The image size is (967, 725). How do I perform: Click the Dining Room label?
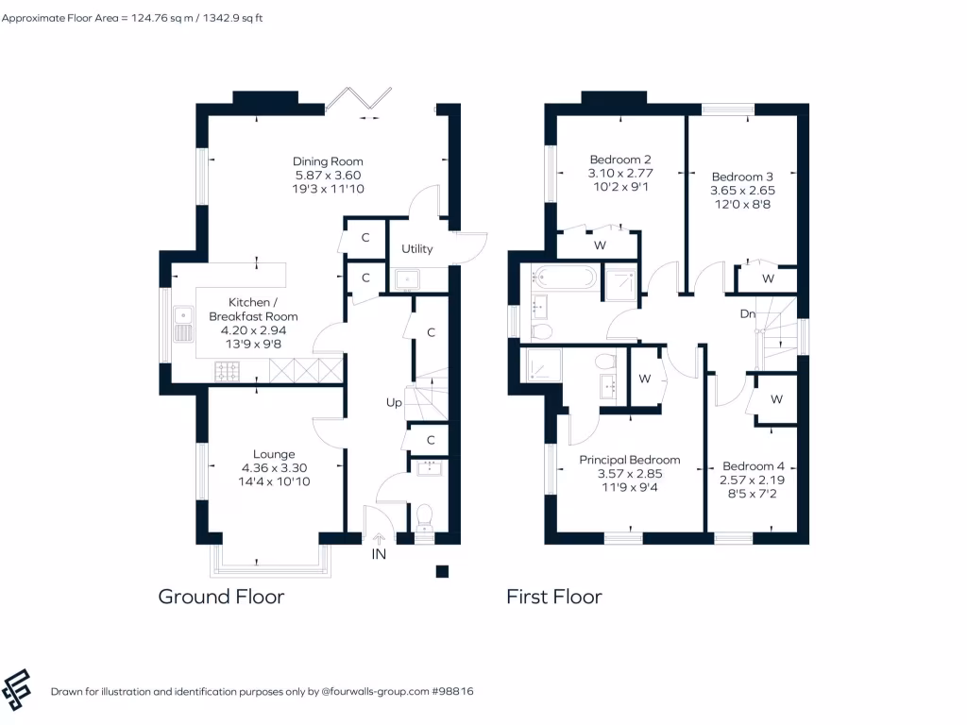(328, 161)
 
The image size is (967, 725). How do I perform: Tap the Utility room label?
(416, 249)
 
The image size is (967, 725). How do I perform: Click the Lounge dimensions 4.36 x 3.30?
(275, 467)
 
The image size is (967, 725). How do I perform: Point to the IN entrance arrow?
(380, 540)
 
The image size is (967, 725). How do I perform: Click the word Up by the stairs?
(394, 402)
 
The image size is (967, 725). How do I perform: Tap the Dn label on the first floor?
(746, 314)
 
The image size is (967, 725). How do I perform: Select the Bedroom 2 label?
(620, 160)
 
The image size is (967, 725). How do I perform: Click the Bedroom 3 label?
(742, 177)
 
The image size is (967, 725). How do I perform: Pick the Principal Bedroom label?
(629, 460)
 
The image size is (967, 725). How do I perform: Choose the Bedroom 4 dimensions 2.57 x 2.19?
(753, 480)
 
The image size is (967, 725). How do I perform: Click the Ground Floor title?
(221, 597)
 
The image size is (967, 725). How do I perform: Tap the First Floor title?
(553, 597)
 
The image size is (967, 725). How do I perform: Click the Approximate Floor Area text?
(132, 17)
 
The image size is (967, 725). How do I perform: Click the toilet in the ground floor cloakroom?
(424, 515)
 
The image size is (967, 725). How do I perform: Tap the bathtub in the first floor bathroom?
(564, 277)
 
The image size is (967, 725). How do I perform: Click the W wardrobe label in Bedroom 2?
(599, 245)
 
